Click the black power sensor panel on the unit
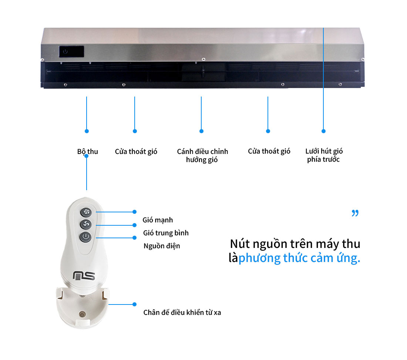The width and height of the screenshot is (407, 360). point(71,51)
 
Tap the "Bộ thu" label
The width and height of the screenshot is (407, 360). point(87,152)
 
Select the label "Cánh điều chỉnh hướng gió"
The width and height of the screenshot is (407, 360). point(202,155)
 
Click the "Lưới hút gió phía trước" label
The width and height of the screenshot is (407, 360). point(324,155)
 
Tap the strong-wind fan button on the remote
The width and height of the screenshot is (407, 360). point(86,212)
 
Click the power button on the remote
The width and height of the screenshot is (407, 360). point(86,237)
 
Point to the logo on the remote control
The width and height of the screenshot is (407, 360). point(84,276)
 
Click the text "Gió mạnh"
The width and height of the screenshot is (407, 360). point(158,220)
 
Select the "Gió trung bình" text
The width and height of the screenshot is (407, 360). point(166,233)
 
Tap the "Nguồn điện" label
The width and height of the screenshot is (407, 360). point(162,246)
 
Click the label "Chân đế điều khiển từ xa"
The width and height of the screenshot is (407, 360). point(182,312)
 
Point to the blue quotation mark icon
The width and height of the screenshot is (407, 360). point(355,213)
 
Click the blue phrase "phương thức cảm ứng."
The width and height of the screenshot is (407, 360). point(299,258)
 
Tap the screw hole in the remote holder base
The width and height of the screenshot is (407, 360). point(82,315)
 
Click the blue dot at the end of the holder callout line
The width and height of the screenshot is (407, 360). point(134,304)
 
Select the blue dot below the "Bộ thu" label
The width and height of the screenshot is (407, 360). point(87,156)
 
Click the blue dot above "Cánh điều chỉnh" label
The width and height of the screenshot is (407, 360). point(201,131)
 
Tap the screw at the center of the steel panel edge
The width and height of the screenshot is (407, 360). point(203,60)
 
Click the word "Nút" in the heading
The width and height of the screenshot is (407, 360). point(240,244)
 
